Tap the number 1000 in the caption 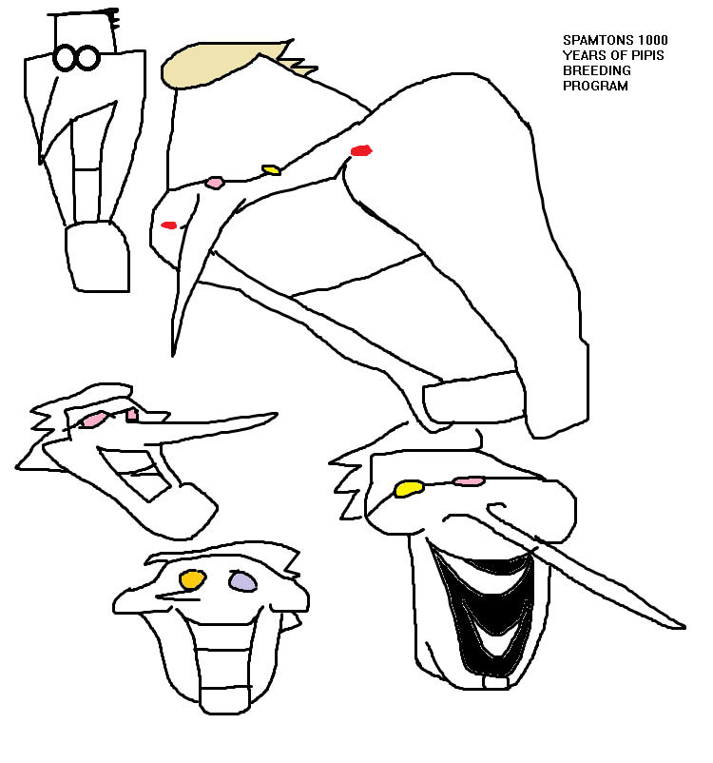pyautogui.click(x=653, y=40)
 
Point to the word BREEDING pyautogui.click(x=597, y=70)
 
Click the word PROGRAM pyautogui.click(x=595, y=86)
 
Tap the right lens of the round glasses pyautogui.click(x=88, y=58)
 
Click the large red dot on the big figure pyautogui.click(x=361, y=150)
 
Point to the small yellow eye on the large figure pyautogui.click(x=271, y=170)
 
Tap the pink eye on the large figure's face pyautogui.click(x=215, y=183)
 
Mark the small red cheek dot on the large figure pyautogui.click(x=169, y=225)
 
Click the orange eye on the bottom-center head pyautogui.click(x=193, y=579)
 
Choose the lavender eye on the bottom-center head pyautogui.click(x=242, y=581)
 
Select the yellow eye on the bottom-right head pyautogui.click(x=409, y=488)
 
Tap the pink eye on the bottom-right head pyautogui.click(x=469, y=481)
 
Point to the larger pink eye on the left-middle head pyautogui.click(x=93, y=420)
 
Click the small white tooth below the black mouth pyautogui.click(x=496, y=682)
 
